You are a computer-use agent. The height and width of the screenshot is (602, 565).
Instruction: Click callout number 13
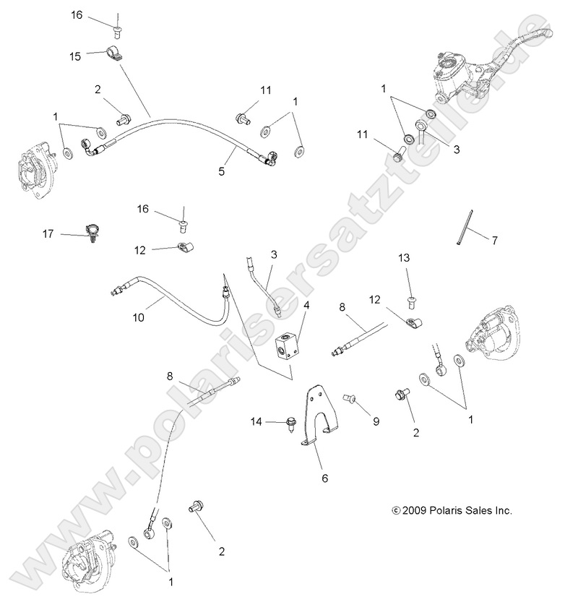point(404,257)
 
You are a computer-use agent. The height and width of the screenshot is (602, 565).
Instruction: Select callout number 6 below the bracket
point(324,477)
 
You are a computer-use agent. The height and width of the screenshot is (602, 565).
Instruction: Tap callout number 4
point(306,306)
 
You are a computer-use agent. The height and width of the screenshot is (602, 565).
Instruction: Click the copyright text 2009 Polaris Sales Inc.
point(451,510)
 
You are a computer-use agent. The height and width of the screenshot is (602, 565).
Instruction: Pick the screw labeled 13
point(409,293)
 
